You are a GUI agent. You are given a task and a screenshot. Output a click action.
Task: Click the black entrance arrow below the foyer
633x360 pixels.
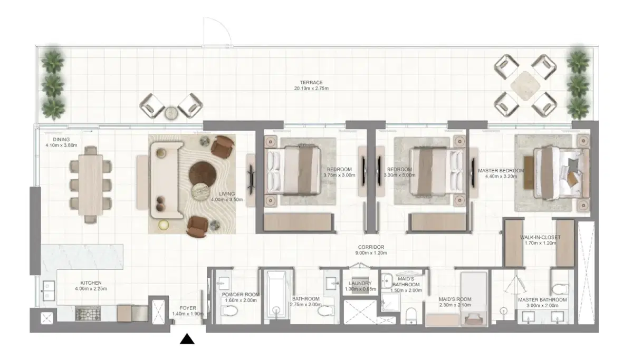click(187, 339)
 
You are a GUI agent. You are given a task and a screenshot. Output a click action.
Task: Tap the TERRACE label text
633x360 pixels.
click(311, 82)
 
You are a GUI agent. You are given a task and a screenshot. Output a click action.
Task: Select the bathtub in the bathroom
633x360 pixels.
click(274, 295)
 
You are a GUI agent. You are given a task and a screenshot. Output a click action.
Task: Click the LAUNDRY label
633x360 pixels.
click(357, 284)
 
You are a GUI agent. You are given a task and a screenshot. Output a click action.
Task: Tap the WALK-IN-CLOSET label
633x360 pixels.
click(539, 237)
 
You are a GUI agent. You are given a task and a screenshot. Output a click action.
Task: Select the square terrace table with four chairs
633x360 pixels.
click(525, 85)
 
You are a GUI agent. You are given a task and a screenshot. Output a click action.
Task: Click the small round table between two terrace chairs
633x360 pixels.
click(171, 112)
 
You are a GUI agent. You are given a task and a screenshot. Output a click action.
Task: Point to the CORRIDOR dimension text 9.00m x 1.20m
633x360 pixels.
click(371, 253)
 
